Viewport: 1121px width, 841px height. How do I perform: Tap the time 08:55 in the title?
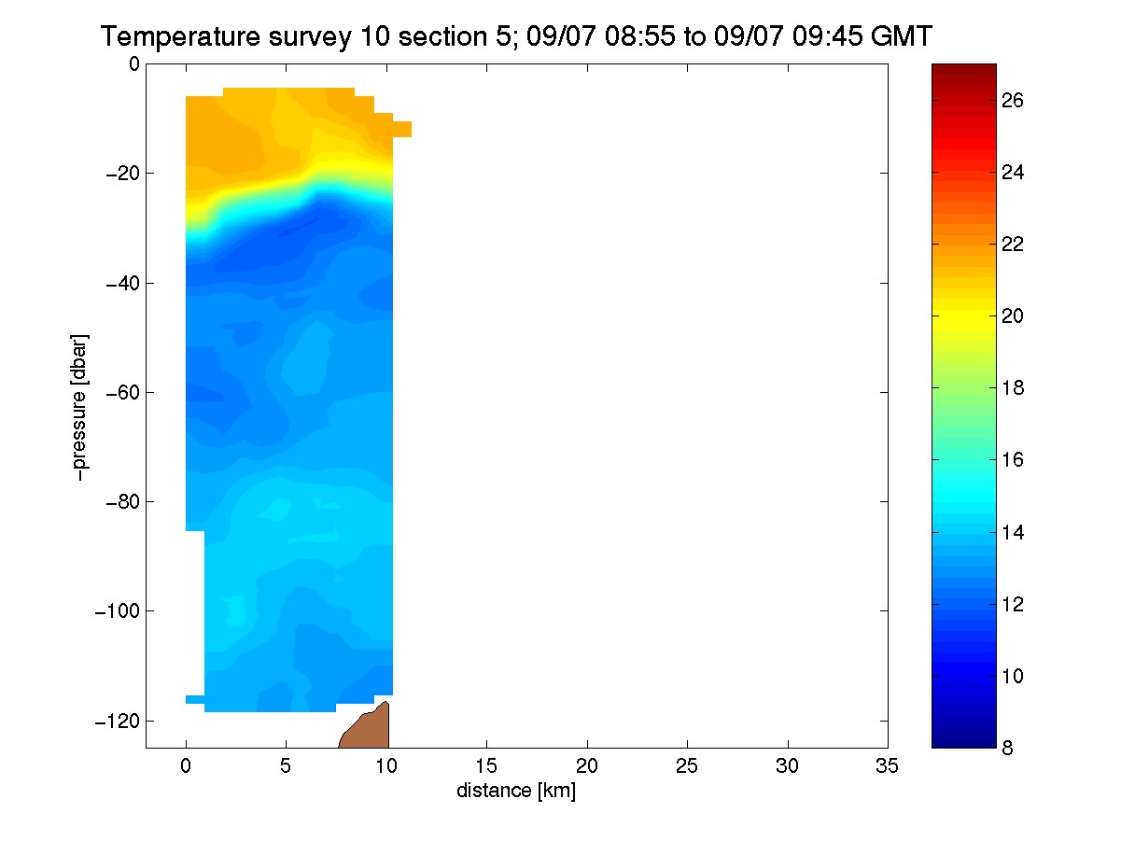coord(640,36)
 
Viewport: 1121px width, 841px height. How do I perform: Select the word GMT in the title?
coord(901,36)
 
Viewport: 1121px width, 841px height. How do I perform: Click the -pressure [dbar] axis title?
coord(79,407)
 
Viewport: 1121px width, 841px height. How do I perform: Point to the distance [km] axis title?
coord(516,791)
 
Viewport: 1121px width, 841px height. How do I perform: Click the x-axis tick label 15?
coord(486,766)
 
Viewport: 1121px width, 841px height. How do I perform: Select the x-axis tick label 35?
coord(887,766)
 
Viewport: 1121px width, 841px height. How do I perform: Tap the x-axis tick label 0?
coord(186,766)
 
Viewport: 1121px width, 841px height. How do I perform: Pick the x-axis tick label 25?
coord(687,766)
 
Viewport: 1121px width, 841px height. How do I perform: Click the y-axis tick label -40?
coord(123,283)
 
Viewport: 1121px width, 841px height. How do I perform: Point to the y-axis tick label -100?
coord(118,610)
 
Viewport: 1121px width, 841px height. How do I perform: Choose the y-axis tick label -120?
coord(118,721)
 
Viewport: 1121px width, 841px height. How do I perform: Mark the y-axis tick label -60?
coord(123,392)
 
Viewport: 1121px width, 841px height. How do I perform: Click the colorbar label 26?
coord(1013,101)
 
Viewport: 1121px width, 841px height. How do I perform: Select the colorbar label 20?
coord(1013,316)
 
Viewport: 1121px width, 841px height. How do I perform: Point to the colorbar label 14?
coord(1013,533)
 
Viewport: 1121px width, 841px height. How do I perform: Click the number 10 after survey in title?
coord(374,36)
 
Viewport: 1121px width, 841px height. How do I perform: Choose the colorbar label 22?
coord(1013,245)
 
